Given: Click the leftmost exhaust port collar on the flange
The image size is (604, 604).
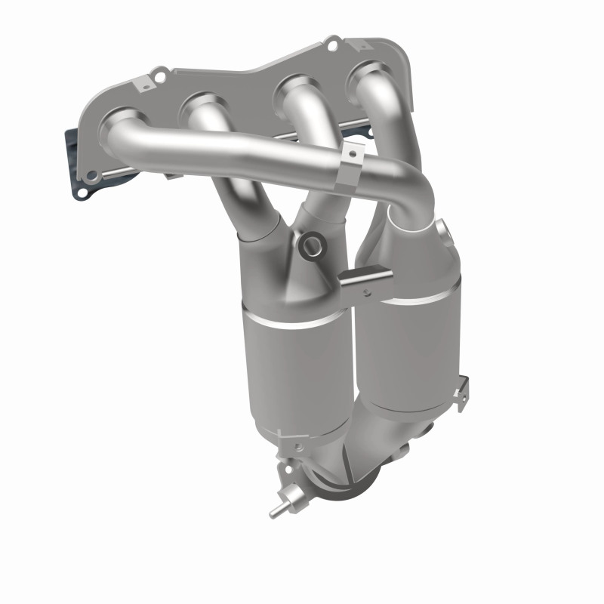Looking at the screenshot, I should pos(120,122).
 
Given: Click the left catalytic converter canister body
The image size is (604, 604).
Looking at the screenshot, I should pos(295,370).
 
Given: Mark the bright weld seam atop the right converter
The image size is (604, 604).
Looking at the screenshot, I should pos(415,297).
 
